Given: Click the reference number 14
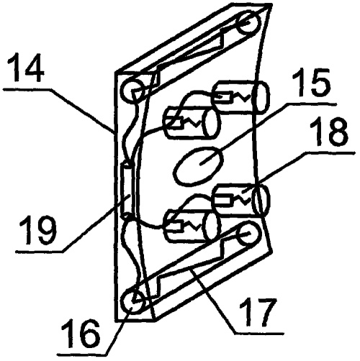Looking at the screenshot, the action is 26,69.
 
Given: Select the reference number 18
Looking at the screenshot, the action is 329,132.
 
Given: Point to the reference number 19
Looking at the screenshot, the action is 37,230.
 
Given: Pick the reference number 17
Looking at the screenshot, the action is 257,311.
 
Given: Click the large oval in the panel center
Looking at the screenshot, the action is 199,165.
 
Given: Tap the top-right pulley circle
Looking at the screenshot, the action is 248,24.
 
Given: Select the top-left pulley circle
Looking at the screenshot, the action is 133,92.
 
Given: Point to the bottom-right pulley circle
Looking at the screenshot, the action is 249,234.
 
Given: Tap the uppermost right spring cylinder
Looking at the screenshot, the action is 240,97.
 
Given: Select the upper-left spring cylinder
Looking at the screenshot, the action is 192,124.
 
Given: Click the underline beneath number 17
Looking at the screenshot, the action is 259,332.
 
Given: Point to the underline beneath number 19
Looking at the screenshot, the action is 40,251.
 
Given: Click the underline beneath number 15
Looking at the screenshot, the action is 312,104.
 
